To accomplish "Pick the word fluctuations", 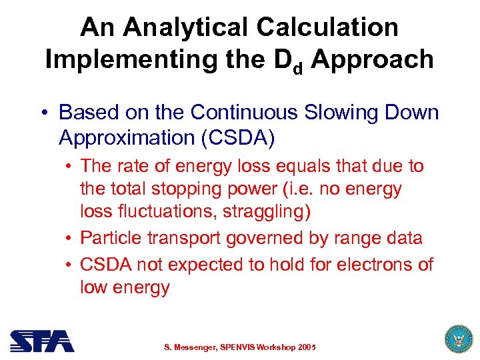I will pyautogui.click(x=164, y=212).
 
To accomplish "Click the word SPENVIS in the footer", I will pyautogui.click(x=244, y=348).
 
